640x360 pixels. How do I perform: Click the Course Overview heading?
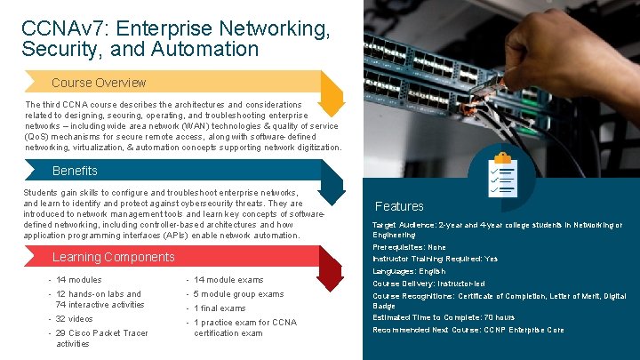[98, 83]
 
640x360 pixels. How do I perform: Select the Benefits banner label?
[76, 171]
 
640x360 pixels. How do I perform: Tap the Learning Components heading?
[114, 258]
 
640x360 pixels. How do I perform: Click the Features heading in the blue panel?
[399, 206]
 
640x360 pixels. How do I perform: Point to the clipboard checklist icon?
[503, 174]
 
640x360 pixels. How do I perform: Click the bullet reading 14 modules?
[78, 280]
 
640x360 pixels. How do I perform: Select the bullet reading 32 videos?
[74, 318]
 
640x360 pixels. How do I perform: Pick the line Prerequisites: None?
[409, 247]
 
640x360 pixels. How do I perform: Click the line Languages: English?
[409, 271]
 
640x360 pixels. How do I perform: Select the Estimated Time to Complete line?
[443, 317]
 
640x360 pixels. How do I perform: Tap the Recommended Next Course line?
[468, 330]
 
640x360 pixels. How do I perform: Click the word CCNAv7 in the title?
[60, 29]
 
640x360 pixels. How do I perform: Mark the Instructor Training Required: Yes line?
[435, 259]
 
